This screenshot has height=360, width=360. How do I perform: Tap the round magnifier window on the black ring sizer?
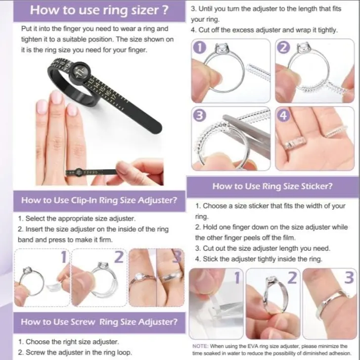click(80, 71)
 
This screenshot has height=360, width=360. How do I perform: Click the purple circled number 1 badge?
click(200, 47)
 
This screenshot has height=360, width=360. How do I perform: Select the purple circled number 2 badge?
click(284, 47)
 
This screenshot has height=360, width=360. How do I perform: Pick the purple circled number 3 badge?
click(200, 115)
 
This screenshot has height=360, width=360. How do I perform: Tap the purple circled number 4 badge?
click(284, 115)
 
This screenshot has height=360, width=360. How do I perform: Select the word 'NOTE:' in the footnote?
click(200, 346)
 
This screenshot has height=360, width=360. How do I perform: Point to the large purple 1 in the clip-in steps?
click(64, 257)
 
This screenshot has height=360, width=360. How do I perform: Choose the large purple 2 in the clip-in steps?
click(119, 257)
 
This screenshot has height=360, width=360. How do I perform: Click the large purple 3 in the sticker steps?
click(349, 277)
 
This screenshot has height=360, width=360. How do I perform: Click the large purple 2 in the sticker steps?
click(292, 277)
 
